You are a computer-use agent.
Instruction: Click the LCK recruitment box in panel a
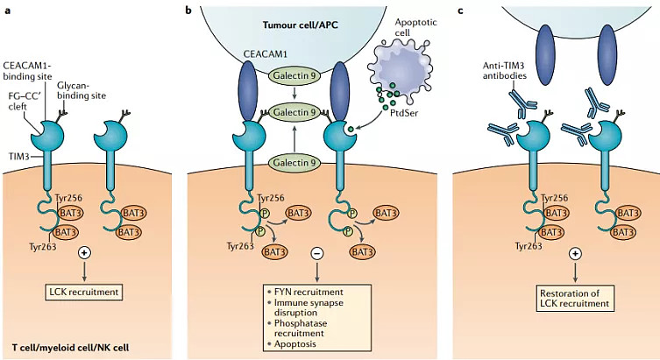[x=84, y=292]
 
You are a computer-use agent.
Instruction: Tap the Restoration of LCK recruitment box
[x=575, y=299]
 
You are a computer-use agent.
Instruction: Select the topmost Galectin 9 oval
[x=295, y=75]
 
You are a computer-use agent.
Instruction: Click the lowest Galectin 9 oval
[x=295, y=163]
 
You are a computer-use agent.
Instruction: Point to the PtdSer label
[x=404, y=113]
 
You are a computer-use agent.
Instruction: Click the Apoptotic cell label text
[x=415, y=27]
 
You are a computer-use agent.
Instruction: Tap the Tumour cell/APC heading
[x=300, y=25]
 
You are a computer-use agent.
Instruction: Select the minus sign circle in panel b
[x=317, y=253]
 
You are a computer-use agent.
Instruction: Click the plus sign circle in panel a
[x=85, y=253]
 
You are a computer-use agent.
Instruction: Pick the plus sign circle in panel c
[x=575, y=254]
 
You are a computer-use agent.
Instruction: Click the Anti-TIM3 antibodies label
[x=505, y=71]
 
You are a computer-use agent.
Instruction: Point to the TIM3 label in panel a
[x=19, y=157]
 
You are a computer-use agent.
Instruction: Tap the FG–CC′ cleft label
[x=24, y=102]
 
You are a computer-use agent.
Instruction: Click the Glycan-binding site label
[x=82, y=90]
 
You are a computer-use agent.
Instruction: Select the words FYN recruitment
[x=309, y=292]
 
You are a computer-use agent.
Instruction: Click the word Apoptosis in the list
[x=295, y=343]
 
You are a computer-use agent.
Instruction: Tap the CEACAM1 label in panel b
[x=266, y=54]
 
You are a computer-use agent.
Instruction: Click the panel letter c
[x=460, y=11]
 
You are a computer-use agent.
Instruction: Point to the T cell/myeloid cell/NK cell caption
[x=70, y=348]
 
